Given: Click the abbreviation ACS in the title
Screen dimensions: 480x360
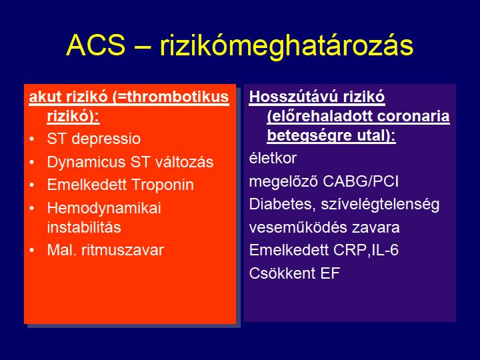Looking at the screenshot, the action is tap(96, 45).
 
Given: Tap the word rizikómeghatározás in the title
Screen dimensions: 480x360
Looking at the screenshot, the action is tap(287, 47).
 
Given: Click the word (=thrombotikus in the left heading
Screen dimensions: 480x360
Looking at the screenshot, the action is tap(171, 97).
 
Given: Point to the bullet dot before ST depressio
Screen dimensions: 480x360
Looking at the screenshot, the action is tap(32, 139).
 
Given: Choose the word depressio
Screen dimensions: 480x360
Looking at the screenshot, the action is tap(106, 139).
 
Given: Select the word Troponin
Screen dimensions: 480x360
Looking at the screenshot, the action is tap(163, 185).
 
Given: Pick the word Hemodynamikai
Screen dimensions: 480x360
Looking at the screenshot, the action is tap(104, 209).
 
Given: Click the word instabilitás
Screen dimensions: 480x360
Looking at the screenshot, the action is tap(84, 227).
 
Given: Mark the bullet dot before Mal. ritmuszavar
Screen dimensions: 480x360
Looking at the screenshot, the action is tap(32, 250).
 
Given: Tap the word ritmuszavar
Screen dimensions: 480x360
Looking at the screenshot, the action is tap(123, 251).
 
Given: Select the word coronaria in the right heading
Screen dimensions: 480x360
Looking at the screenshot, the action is tap(413, 116).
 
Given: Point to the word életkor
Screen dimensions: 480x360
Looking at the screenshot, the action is tap(273, 159).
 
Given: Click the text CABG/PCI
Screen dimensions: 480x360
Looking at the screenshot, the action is tap(361, 181).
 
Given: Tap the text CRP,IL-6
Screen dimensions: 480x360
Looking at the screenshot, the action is tap(366, 251).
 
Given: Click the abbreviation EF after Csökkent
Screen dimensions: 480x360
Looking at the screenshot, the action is tap(330, 273).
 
